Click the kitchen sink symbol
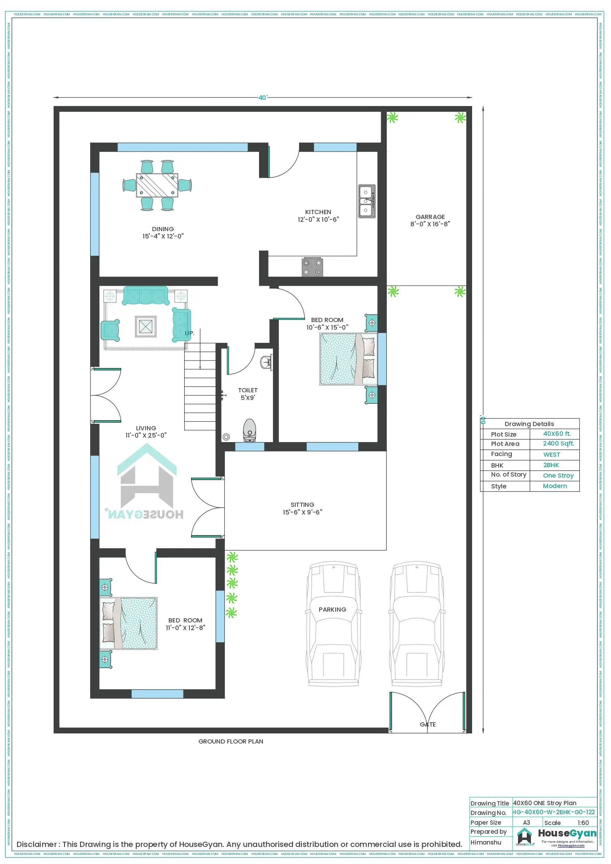(x=366, y=201)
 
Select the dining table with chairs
(x=157, y=185)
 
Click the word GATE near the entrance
(x=428, y=724)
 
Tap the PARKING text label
(x=332, y=609)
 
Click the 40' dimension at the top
(x=263, y=97)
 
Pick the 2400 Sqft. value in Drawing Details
(x=558, y=443)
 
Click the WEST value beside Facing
(x=551, y=455)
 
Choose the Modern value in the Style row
(x=555, y=486)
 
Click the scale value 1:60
(x=583, y=823)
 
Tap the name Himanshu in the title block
(x=486, y=842)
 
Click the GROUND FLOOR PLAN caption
(x=231, y=741)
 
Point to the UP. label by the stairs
(x=189, y=333)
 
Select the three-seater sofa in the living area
(x=145, y=296)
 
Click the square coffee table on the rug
(x=146, y=326)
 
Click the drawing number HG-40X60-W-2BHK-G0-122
(x=554, y=812)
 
